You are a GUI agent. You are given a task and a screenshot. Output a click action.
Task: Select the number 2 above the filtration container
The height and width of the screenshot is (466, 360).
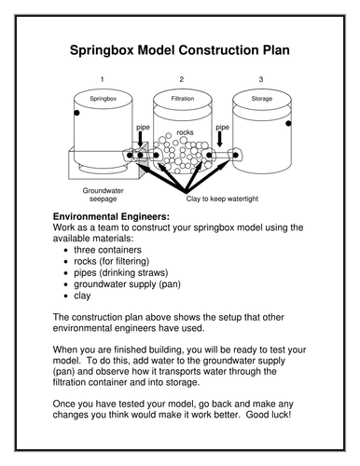pyautogui.click(x=182, y=78)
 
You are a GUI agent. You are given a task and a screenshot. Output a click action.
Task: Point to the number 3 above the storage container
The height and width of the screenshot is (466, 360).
pyautogui.click(x=261, y=78)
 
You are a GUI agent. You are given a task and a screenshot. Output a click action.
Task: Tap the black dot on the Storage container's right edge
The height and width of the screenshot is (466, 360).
pyautogui.click(x=289, y=123)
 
